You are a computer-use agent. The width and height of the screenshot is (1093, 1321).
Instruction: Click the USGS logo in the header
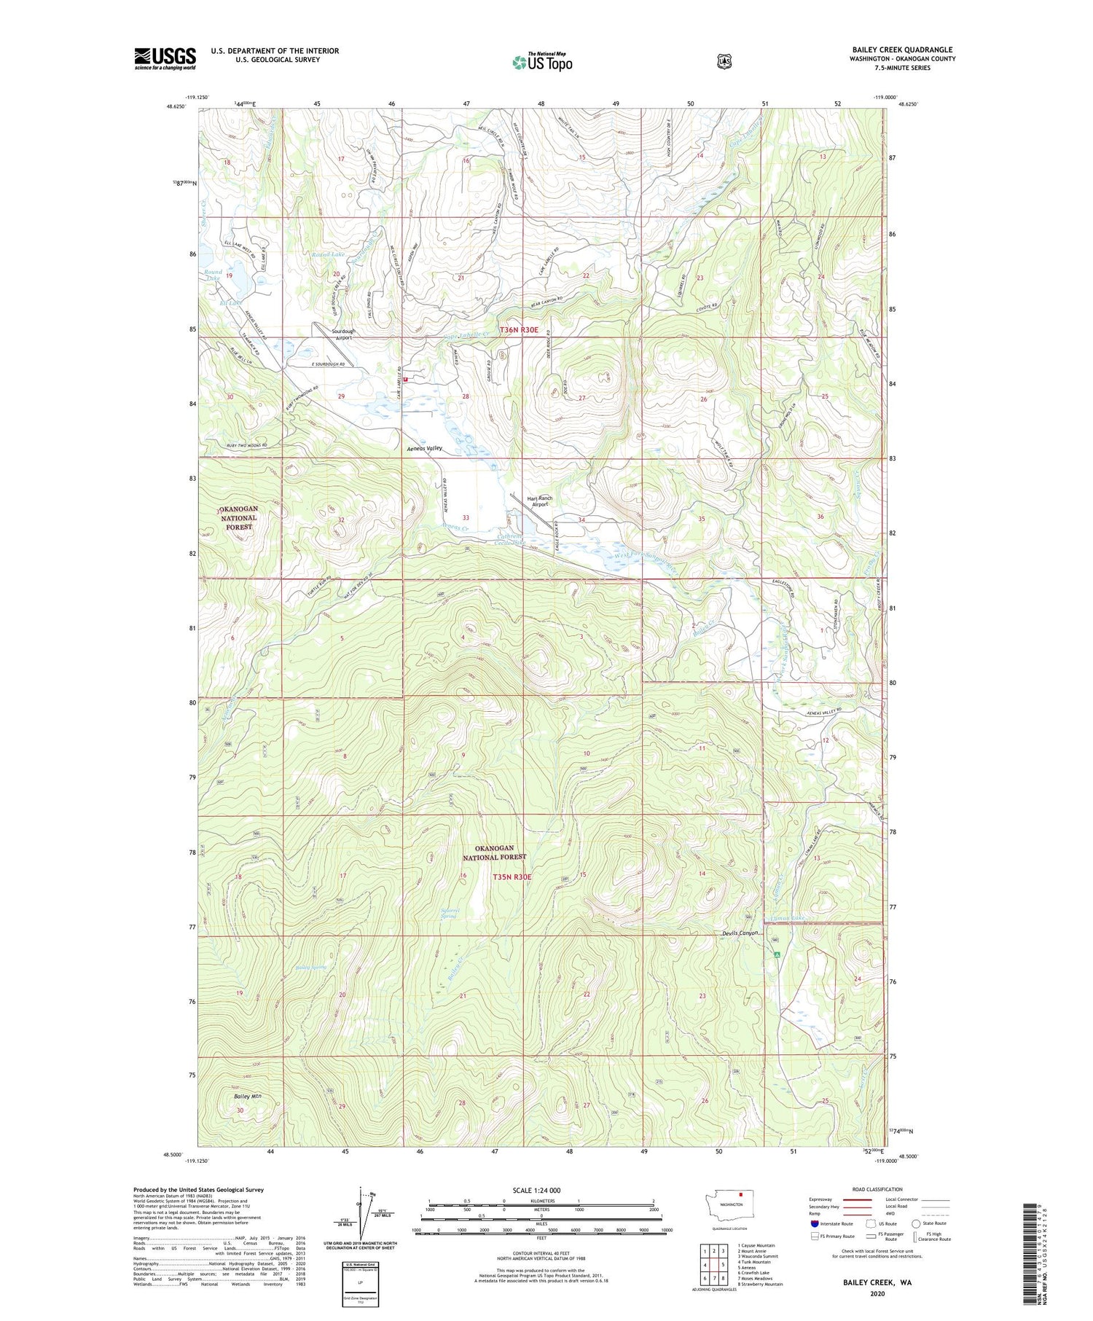click(165, 58)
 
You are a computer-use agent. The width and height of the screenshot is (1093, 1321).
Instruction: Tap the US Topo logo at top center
click(542, 62)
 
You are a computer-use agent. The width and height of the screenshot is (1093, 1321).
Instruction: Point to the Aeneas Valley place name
click(424, 449)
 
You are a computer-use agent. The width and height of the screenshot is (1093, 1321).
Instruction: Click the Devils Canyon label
click(740, 933)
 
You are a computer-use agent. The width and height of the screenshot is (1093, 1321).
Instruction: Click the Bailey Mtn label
click(248, 1096)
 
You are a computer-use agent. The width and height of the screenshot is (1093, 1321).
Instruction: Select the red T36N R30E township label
click(519, 330)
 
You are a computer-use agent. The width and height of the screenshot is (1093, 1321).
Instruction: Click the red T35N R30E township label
click(512, 877)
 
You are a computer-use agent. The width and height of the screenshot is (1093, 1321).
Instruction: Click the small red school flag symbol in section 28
click(405, 380)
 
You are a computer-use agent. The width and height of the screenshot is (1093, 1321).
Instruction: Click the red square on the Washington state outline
click(740, 1194)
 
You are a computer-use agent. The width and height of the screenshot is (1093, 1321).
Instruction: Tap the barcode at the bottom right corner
click(1035, 1252)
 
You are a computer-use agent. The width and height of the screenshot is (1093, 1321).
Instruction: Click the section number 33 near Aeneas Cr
click(465, 518)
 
